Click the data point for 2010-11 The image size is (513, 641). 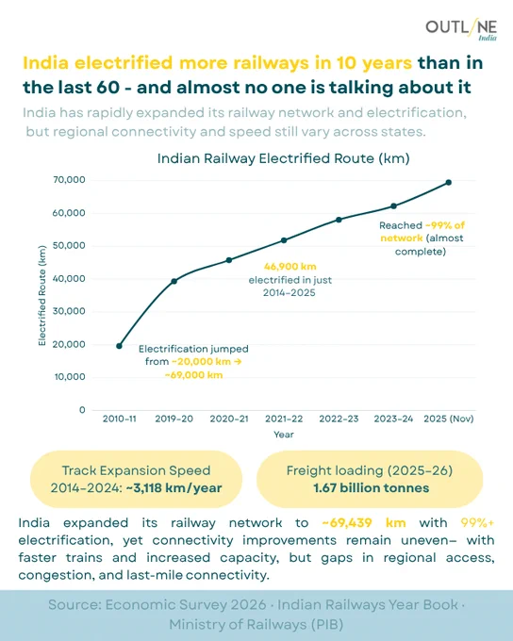click(x=119, y=346)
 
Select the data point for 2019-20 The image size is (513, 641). click(x=174, y=281)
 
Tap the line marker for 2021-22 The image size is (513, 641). click(x=284, y=240)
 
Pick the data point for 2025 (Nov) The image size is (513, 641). click(x=448, y=182)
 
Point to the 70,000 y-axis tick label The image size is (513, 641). click(x=69, y=180)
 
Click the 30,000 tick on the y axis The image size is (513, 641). click(x=69, y=311)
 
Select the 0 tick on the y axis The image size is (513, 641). click(x=83, y=410)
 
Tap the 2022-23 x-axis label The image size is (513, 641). click(x=339, y=419)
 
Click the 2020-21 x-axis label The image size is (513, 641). click(x=229, y=419)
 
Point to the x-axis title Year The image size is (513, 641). click(x=284, y=435)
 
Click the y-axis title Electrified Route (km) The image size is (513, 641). click(x=41, y=295)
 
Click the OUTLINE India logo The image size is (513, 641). click(x=461, y=30)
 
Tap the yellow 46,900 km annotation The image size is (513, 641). click(x=290, y=267)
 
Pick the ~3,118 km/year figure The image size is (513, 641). click(x=174, y=487)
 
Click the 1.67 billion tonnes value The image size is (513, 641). click(x=372, y=487)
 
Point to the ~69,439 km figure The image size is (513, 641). click(x=364, y=523)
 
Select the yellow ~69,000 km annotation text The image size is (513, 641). click(x=193, y=375)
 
